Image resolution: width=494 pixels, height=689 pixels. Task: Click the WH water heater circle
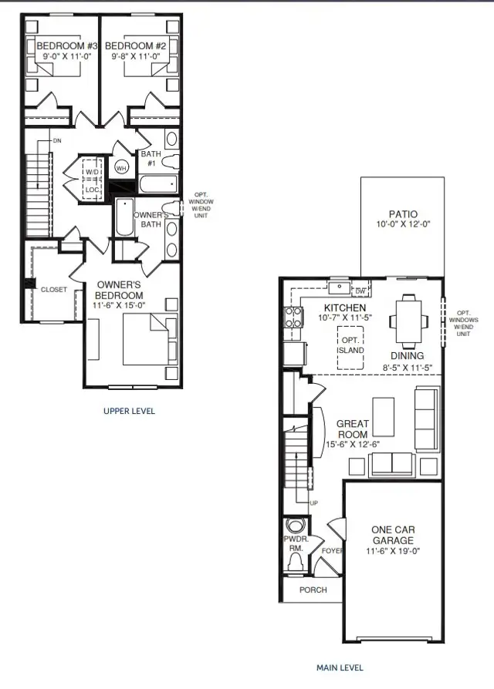click(121, 167)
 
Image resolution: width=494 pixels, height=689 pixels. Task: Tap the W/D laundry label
click(93, 172)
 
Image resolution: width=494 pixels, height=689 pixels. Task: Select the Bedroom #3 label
click(67, 45)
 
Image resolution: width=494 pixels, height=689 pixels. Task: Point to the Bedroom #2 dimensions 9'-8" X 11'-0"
click(136, 57)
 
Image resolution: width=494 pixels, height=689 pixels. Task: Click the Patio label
click(403, 214)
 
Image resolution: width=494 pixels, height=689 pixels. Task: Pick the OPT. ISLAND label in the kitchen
click(350, 345)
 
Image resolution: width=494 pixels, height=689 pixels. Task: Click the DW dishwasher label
click(360, 291)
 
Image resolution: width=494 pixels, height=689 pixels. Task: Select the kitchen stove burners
click(294, 318)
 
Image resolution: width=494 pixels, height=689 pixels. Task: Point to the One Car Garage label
click(393, 535)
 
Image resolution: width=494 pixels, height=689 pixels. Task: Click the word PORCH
click(313, 590)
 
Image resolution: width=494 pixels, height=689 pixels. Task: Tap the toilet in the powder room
click(296, 562)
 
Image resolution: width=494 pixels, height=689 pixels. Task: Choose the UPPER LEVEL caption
click(130, 411)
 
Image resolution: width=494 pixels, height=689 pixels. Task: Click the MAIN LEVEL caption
click(340, 668)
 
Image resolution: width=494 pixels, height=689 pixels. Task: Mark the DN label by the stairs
click(57, 141)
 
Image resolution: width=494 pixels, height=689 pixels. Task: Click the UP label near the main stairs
click(313, 502)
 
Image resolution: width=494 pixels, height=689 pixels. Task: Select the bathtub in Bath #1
click(159, 183)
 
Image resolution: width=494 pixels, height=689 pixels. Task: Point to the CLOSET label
click(54, 290)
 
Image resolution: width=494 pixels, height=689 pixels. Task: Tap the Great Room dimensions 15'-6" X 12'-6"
click(353, 444)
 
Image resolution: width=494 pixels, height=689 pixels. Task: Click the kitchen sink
click(339, 287)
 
